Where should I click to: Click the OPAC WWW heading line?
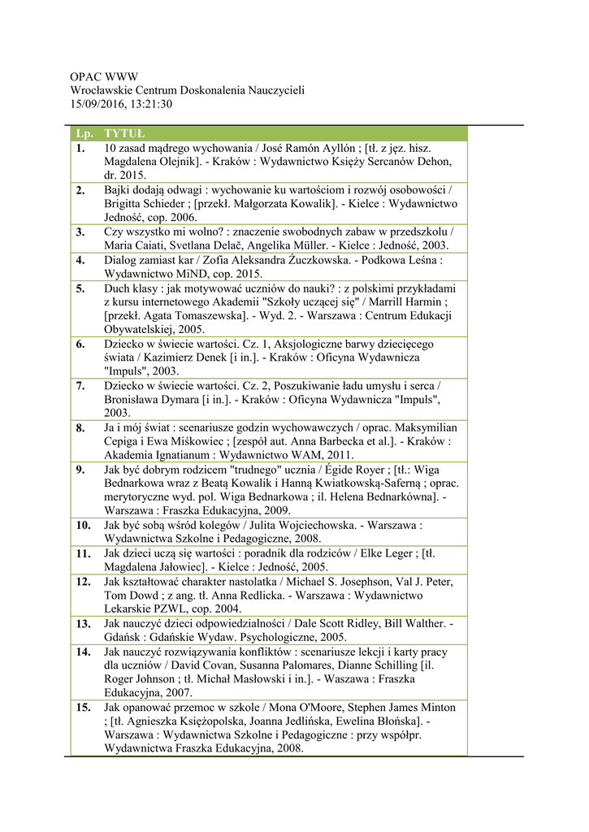104,77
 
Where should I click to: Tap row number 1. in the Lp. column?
80,149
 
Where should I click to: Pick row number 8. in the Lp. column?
80,427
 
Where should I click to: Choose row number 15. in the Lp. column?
84,708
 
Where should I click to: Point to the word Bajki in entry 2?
119,190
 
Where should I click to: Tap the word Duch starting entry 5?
119,288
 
